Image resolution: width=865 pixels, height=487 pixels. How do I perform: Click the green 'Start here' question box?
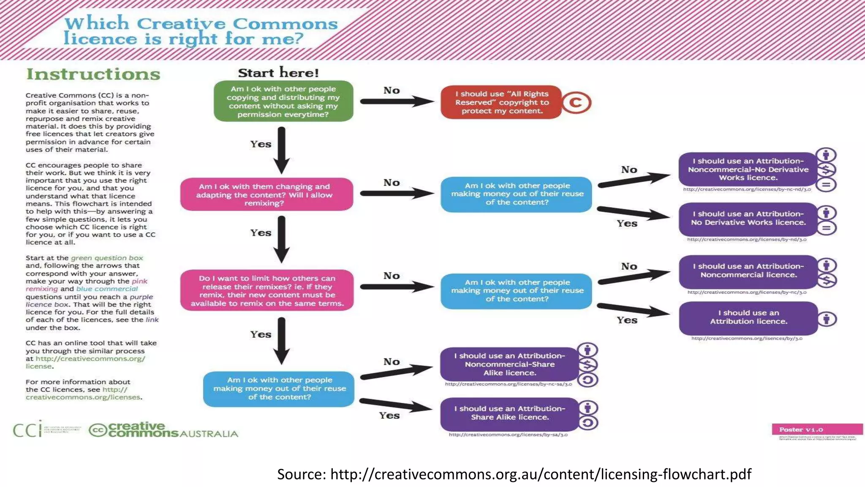(283, 101)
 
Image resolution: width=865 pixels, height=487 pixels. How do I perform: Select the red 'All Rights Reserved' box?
(501, 102)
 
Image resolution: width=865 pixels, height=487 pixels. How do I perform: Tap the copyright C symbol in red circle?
(576, 103)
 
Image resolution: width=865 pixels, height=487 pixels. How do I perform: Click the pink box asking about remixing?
(267, 194)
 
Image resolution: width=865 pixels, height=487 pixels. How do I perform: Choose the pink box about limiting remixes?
(267, 290)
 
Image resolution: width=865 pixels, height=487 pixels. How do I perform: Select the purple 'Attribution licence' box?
(748, 317)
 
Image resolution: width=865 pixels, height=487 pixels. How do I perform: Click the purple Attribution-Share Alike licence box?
(509, 413)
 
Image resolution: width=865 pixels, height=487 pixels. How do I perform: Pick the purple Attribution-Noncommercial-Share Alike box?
(509, 364)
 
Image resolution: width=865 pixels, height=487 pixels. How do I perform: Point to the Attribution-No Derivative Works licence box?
(748, 219)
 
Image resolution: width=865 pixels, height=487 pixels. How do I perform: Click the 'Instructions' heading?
(93, 74)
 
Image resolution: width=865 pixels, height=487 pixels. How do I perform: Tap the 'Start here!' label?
(278, 73)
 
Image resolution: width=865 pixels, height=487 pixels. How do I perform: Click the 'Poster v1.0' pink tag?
(817, 430)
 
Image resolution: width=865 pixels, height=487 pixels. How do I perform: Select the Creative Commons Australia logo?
(163, 430)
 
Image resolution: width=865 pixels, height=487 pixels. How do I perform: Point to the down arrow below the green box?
(282, 150)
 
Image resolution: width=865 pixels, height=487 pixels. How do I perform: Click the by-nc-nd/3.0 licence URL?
(747, 189)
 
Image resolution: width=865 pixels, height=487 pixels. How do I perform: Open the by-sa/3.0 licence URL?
(508, 435)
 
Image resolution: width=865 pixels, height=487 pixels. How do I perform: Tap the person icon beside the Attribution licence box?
(827, 318)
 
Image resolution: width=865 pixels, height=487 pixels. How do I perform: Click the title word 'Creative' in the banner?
(181, 24)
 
